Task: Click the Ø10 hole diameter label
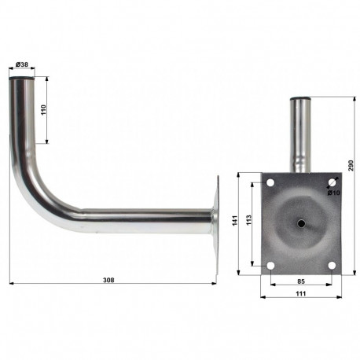click(333, 193)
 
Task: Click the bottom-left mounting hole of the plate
click(270, 266)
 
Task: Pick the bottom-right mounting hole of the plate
click(332, 266)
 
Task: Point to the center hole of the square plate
click(301, 224)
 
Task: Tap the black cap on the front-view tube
click(301, 99)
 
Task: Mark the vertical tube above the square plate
click(301, 134)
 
